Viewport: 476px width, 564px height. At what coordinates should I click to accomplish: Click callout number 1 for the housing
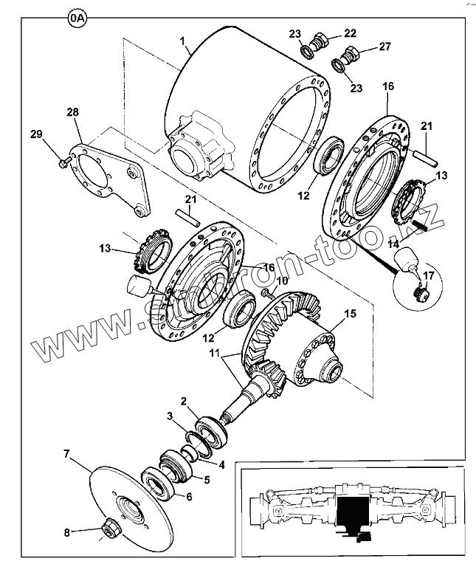pyautogui.click(x=182, y=41)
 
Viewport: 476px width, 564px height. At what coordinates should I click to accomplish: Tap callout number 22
pyautogui.click(x=350, y=33)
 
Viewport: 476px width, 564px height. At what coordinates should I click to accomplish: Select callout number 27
pyautogui.click(x=384, y=47)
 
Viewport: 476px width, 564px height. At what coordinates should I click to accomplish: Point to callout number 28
pyautogui.click(x=72, y=111)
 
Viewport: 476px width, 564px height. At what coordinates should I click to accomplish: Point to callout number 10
pyautogui.click(x=281, y=281)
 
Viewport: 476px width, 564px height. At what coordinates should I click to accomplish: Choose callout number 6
pyautogui.click(x=188, y=496)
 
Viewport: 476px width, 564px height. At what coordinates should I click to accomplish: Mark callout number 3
pyautogui.click(x=170, y=417)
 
